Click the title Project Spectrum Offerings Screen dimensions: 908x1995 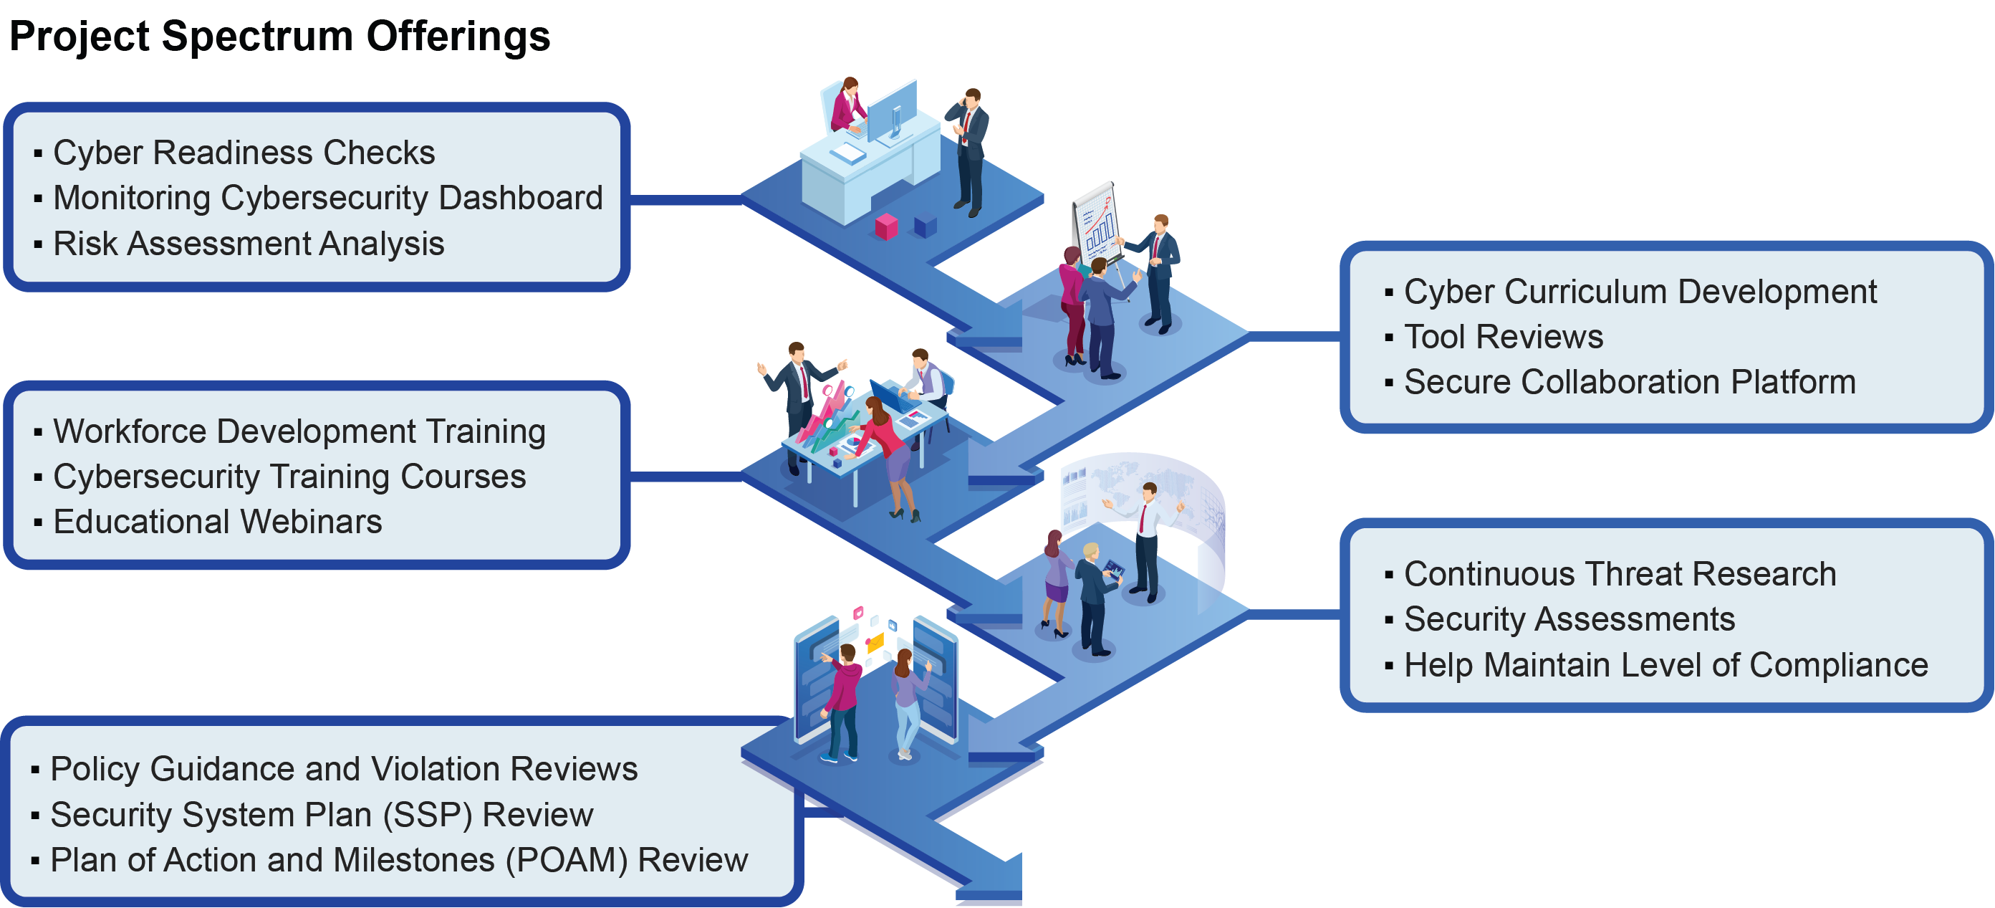click(279, 37)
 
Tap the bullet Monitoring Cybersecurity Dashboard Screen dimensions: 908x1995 click(327, 199)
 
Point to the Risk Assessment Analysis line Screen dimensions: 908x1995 click(248, 244)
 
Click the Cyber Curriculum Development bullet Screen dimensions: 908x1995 click(1640, 292)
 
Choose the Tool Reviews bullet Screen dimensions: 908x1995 click(1502, 337)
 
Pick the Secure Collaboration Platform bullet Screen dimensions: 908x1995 click(1629, 382)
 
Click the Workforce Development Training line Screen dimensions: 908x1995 click(298, 431)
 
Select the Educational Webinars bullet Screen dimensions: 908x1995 click(217, 522)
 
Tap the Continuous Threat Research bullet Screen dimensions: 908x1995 click(1620, 574)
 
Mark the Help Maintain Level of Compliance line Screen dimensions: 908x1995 click(1665, 666)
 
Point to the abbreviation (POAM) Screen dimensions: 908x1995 click(566, 861)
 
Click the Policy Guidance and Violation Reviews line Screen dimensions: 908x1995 click(343, 769)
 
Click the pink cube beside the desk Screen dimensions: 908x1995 click(886, 227)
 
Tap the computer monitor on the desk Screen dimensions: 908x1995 click(891, 111)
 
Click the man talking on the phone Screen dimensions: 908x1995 click(968, 151)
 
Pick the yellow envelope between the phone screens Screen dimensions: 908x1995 click(875, 642)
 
